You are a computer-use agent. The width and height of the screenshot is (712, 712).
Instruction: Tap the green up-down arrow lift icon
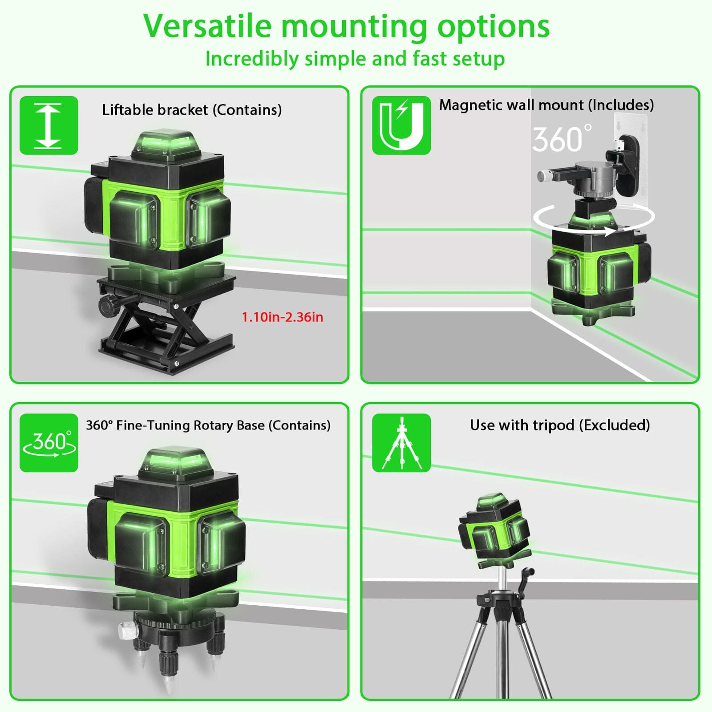49,125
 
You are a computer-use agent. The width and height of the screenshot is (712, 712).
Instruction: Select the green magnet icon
401,125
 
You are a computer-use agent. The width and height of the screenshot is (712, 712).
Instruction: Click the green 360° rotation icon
49,443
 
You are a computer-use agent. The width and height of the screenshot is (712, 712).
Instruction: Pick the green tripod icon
401,443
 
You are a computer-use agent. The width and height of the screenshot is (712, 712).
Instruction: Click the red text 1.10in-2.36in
282,317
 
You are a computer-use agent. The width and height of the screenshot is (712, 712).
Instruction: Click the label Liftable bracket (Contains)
192,109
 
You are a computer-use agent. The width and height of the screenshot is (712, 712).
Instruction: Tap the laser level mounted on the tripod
494,527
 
